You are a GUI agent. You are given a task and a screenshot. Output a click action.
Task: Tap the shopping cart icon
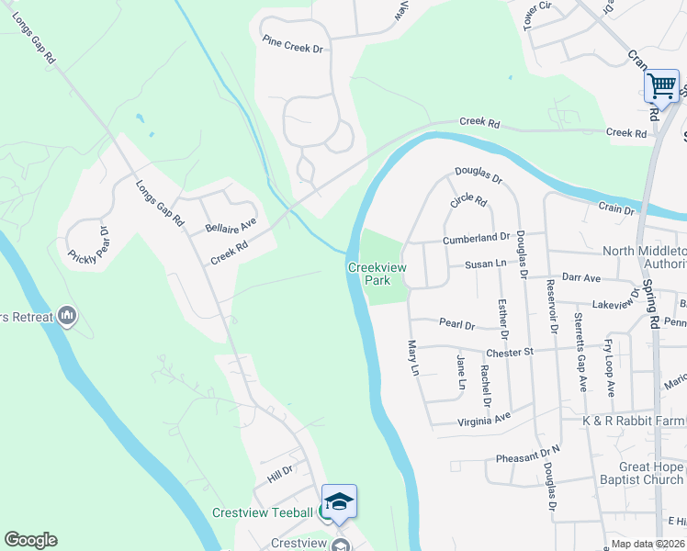tap(661, 87)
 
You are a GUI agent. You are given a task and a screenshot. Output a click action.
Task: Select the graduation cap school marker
tap(339, 501)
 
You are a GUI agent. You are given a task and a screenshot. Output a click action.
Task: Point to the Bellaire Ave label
tap(231, 225)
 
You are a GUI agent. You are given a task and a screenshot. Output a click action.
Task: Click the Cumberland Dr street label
tap(476, 238)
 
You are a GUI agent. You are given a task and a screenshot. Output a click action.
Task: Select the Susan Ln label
tap(486, 264)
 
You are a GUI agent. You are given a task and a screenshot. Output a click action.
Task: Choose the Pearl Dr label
tap(456, 324)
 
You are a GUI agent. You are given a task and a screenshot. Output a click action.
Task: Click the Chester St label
tap(510, 352)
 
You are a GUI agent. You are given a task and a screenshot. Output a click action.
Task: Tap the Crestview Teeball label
tap(264, 512)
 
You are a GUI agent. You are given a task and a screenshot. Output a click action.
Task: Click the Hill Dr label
tap(279, 469)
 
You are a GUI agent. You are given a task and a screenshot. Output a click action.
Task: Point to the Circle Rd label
tap(467, 200)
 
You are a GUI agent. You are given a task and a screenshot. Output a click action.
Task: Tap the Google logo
tap(30, 540)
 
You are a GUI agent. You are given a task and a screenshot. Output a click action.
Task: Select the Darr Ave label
tap(580, 276)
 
